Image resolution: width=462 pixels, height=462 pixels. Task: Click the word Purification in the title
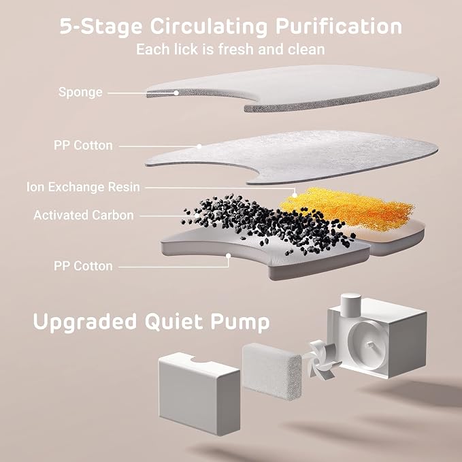click(339, 27)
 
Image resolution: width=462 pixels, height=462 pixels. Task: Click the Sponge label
click(80, 93)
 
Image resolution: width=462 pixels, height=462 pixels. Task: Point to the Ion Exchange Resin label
click(83, 187)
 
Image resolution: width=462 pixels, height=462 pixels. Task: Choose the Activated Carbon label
click(84, 216)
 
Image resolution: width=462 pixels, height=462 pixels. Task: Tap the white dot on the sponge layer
click(176, 93)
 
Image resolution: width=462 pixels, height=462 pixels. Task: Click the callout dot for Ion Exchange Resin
click(295, 195)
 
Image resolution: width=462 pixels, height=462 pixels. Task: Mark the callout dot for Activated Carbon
click(197, 216)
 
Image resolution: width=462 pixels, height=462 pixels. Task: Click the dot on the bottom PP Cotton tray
click(228, 256)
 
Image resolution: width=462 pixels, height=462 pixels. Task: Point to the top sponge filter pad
click(293, 88)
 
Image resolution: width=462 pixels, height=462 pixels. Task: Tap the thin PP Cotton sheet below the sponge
click(292, 156)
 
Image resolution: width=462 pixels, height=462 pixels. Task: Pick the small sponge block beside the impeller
click(271, 371)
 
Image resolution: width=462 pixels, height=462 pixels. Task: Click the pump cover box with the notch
click(199, 394)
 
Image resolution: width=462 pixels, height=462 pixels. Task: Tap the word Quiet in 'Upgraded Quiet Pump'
click(174, 322)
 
